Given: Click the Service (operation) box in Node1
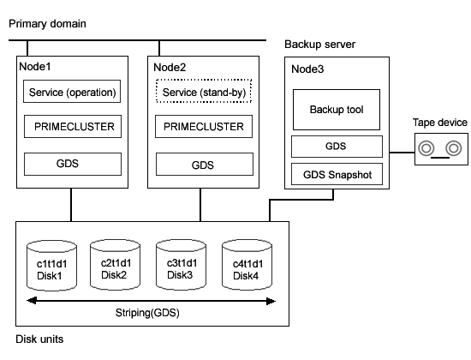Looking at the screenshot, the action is pos(72,92).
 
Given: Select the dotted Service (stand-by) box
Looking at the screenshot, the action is pos(204,91).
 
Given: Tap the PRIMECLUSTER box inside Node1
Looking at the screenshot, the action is pos(73,126).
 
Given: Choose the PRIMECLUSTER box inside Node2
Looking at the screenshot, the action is pos(204,126).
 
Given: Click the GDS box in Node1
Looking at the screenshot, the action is pos(73,164).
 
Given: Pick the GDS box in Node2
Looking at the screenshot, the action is pos(205,165).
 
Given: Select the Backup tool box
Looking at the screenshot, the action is pos(337,110).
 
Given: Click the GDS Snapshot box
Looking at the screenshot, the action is pos(337,174).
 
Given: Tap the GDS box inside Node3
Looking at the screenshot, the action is pos(337,147).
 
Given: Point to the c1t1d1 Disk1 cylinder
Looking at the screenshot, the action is pos(51,266).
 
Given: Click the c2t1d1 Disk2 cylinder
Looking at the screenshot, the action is pos(115,265).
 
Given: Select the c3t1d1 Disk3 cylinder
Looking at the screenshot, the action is pos(182,265).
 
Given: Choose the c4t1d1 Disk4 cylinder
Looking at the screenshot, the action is pos(247,265).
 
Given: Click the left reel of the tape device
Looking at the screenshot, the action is pos(426,148).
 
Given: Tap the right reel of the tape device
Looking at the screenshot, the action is pos(454,148).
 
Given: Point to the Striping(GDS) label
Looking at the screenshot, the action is pos(147,313).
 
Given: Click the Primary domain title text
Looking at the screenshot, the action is pos(47,23).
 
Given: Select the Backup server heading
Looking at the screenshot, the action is pos(320,45).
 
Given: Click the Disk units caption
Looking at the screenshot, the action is pos(39,339).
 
